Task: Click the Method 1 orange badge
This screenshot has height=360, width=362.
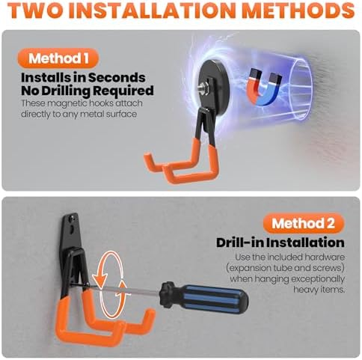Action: [x=58, y=58]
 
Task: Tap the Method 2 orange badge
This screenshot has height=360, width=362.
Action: [x=304, y=223]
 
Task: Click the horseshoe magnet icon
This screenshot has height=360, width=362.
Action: [x=265, y=87]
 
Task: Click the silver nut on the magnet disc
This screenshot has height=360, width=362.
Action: [x=202, y=88]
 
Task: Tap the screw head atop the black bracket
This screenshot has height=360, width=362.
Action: [x=73, y=219]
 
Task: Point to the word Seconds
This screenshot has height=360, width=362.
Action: [x=117, y=78]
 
